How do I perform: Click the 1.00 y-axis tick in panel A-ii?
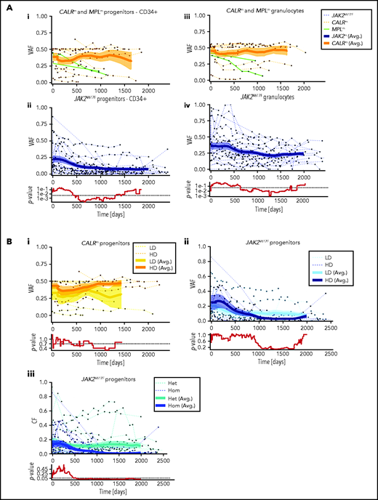42,107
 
